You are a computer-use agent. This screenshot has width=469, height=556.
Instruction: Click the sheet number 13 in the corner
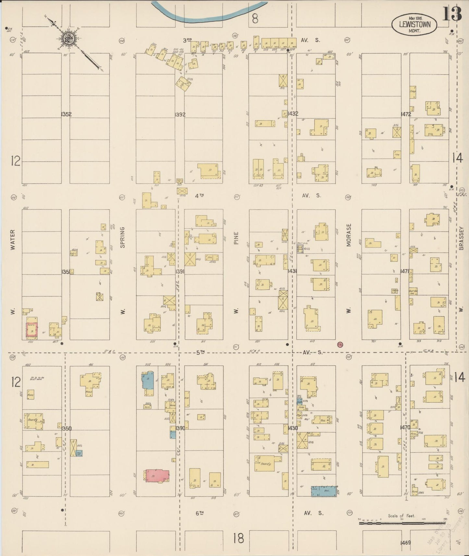[452, 13]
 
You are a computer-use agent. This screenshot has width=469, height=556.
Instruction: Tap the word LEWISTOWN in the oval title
[414, 24]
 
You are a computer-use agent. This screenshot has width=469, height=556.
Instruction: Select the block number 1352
[66, 114]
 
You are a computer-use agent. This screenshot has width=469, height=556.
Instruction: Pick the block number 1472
[406, 114]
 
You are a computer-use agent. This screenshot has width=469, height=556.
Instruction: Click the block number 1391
[180, 271]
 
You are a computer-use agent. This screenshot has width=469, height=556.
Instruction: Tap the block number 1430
[293, 428]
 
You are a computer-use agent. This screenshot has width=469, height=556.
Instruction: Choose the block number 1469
[406, 542]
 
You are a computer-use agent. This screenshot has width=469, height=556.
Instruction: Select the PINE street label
[236, 238]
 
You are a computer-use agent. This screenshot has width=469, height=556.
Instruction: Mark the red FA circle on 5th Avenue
[340, 344]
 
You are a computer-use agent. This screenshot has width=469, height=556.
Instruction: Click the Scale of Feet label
[401, 515]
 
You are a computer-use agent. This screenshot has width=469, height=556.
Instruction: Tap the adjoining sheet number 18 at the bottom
[238, 539]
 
